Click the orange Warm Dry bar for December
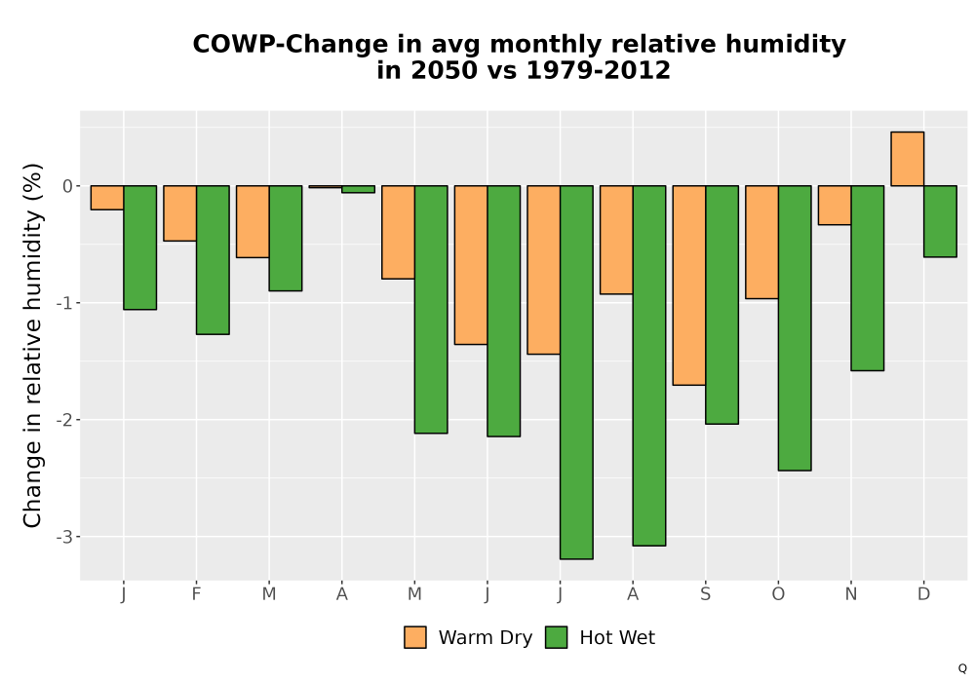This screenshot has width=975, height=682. click(907, 159)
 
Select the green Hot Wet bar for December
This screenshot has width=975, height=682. click(940, 221)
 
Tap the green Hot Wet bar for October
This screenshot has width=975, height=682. click(795, 328)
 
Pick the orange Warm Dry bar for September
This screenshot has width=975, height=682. click(689, 285)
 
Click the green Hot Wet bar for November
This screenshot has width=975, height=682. click(868, 279)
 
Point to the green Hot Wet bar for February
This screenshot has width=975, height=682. click(213, 260)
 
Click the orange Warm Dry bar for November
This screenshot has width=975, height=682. click(835, 205)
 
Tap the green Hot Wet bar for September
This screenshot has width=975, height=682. click(721, 305)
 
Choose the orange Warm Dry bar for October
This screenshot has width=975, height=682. click(761, 243)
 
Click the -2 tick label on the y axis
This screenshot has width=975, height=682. click(64, 420)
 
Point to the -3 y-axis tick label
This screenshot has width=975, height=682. click(64, 537)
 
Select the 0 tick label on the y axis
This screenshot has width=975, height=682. click(68, 186)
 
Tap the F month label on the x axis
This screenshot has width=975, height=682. click(197, 594)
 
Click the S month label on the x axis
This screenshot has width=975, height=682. click(705, 594)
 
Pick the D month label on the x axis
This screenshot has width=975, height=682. click(924, 594)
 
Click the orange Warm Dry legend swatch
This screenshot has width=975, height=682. click(415, 637)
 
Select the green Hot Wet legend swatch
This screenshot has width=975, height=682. click(557, 637)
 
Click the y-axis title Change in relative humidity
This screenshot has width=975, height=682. click(32, 345)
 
